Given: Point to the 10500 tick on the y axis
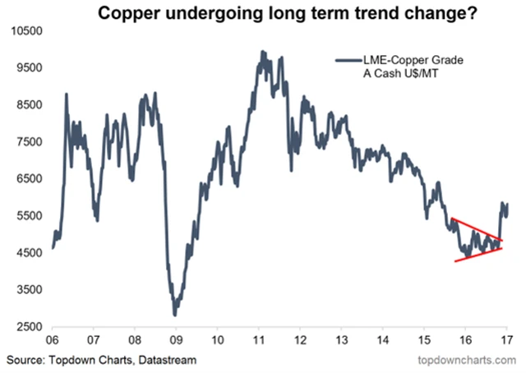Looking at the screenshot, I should (24, 31).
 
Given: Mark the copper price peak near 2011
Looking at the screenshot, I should (262, 52).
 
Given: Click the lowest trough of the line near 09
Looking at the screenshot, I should (175, 314).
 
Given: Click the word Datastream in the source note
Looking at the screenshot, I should (167, 360).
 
